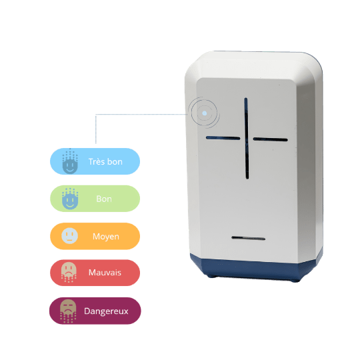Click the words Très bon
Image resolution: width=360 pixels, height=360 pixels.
pyautogui.click(x=105, y=161)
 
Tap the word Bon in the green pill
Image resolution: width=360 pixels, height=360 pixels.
pyautogui.click(x=104, y=199)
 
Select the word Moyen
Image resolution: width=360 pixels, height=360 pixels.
pyautogui.click(x=106, y=237)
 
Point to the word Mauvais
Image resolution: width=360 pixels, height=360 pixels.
pyautogui.click(x=105, y=273)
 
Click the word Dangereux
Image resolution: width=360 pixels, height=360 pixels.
pyautogui.click(x=106, y=311)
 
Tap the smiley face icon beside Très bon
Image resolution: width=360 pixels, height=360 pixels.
pyautogui.click(x=70, y=161)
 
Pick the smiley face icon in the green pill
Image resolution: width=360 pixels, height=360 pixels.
pyautogui.click(x=70, y=199)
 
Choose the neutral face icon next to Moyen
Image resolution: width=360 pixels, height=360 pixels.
pyautogui.click(x=69, y=236)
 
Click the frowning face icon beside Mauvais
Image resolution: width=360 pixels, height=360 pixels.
pyautogui.click(x=69, y=272)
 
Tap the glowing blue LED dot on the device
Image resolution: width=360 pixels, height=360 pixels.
pyautogui.click(x=205, y=113)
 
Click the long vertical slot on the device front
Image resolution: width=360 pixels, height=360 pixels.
pyautogui.click(x=247, y=138)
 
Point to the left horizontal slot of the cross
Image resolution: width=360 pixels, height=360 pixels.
pyautogui.click(x=223, y=138)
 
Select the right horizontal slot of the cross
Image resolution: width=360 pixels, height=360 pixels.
pyautogui.click(x=270, y=139)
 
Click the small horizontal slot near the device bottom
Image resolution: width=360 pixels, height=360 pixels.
pyautogui.click(x=249, y=238)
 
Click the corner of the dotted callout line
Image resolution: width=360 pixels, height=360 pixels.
pyautogui.click(x=96, y=114)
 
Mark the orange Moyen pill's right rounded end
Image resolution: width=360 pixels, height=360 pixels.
pyautogui.click(x=133, y=236)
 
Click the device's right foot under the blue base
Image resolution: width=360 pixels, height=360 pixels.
pyautogui.click(x=295, y=280)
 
